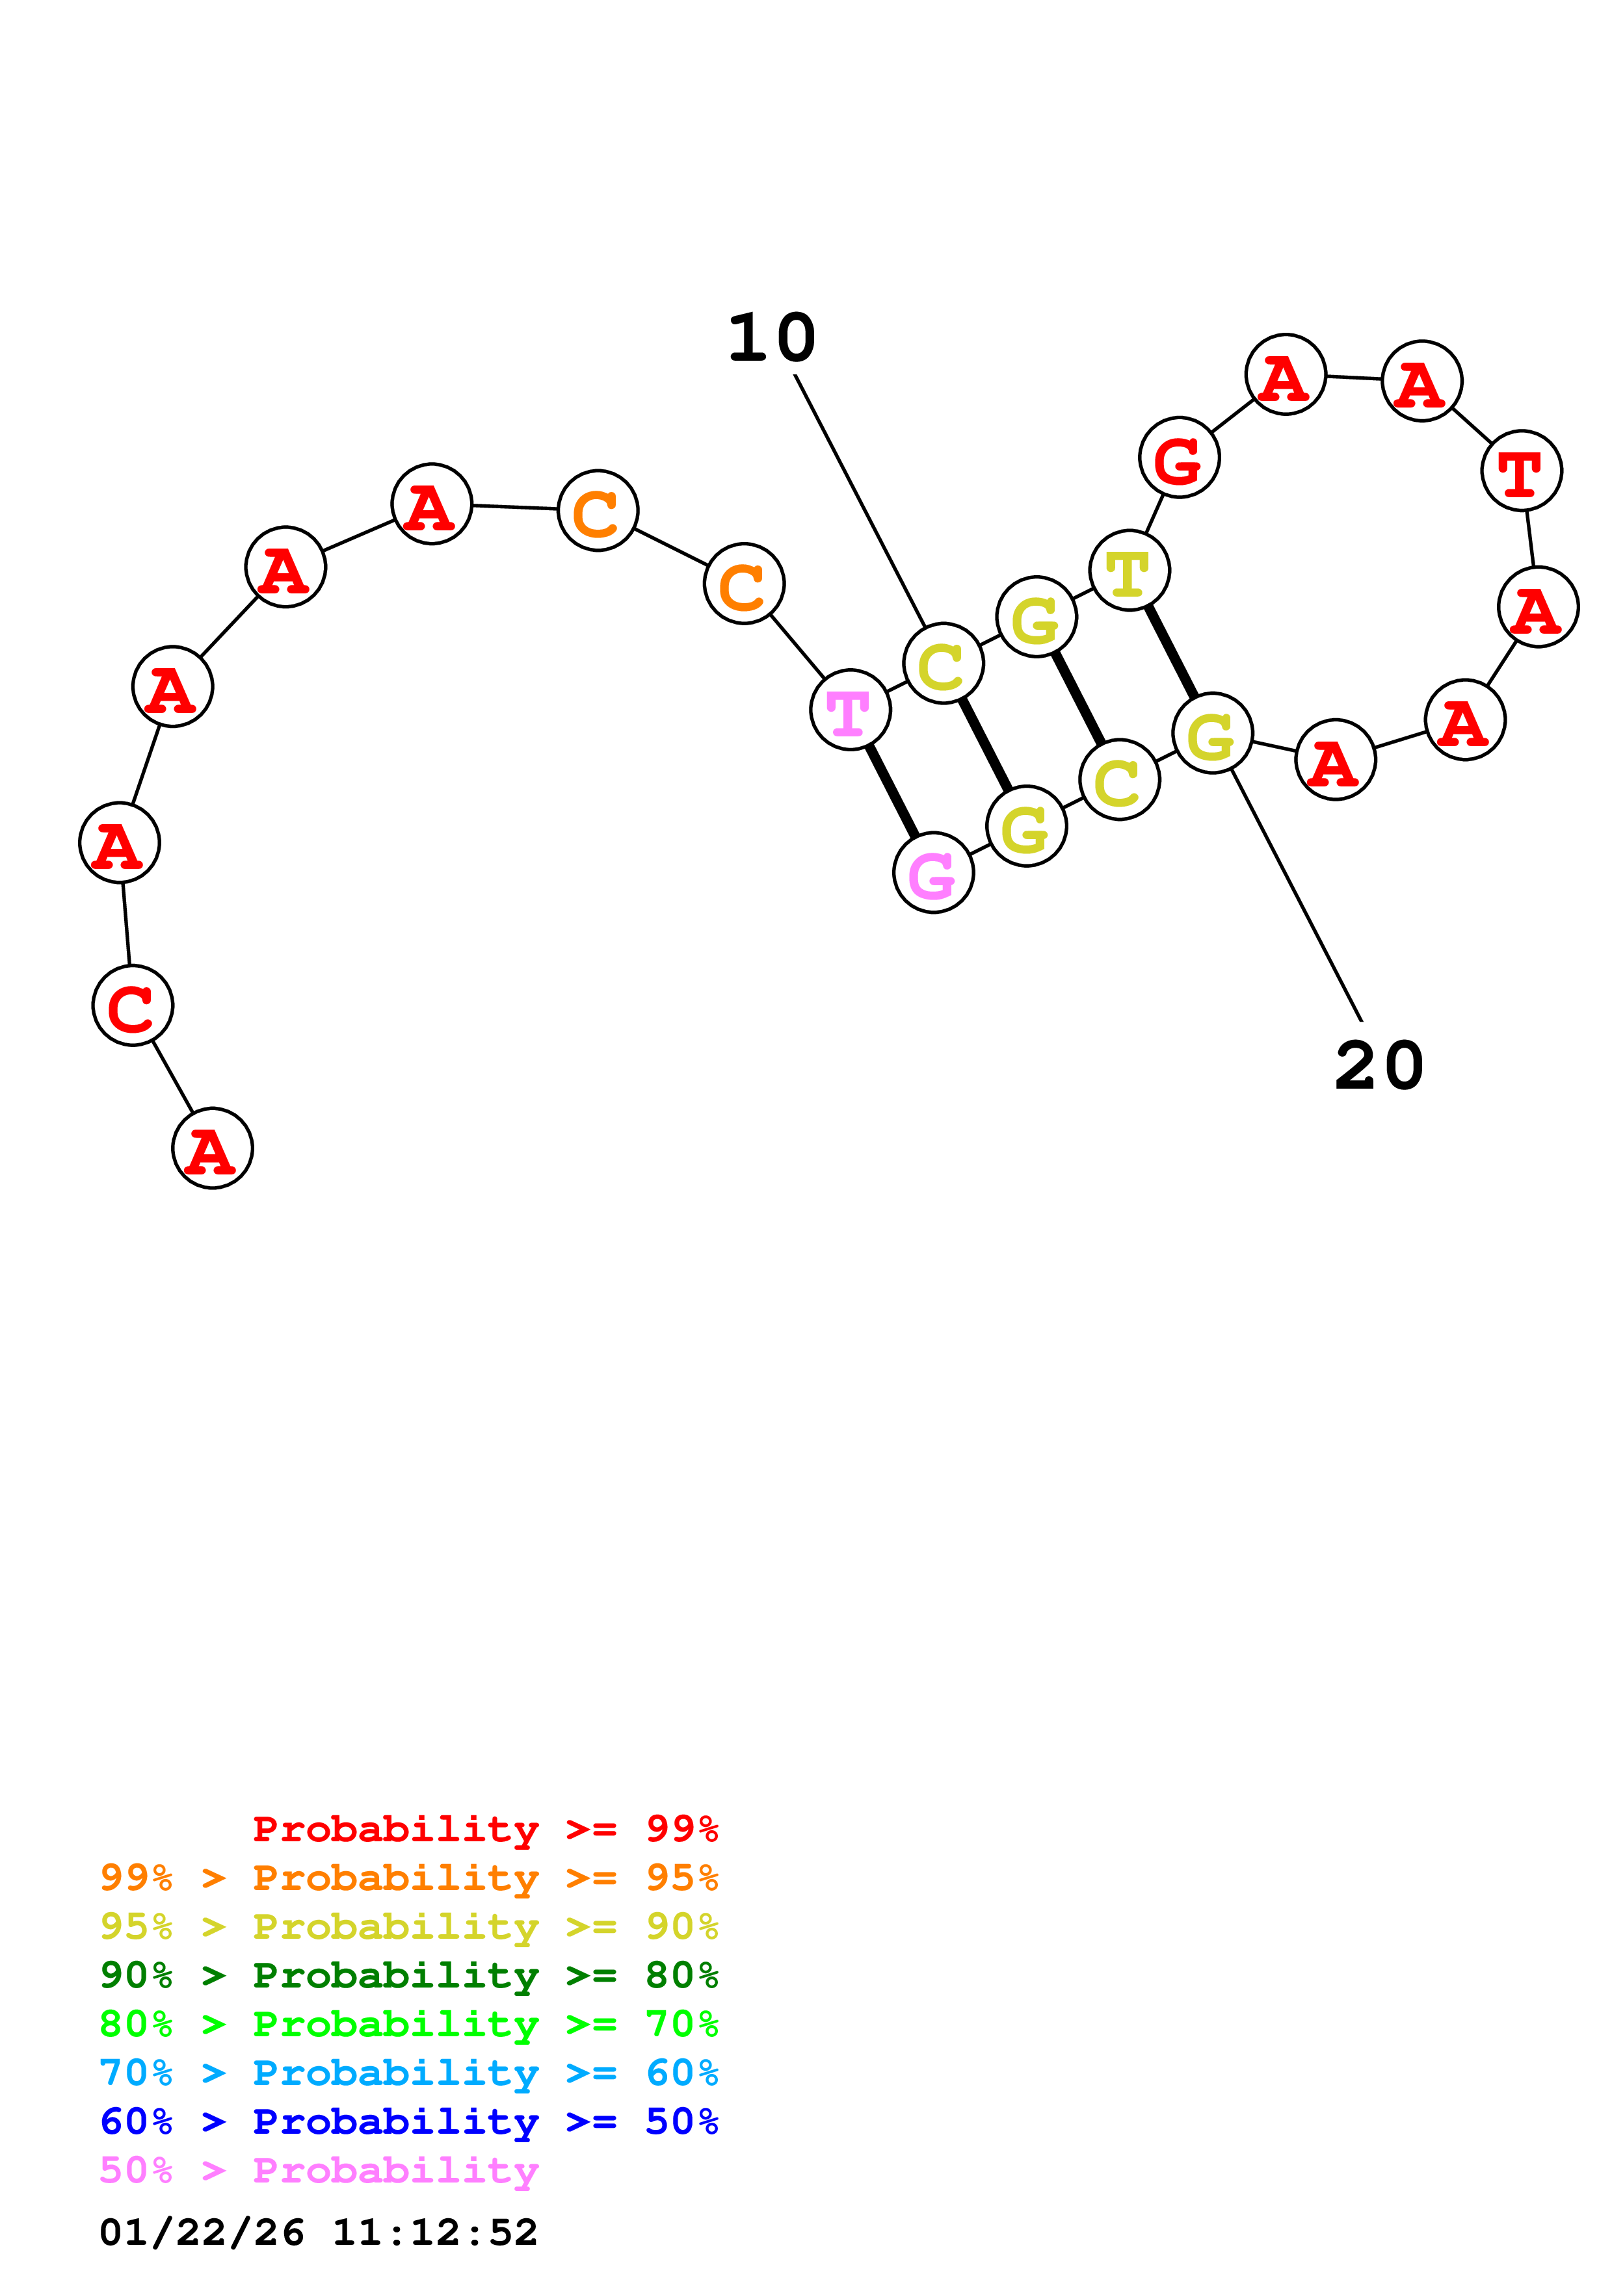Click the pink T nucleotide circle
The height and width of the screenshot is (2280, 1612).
[x=850, y=710]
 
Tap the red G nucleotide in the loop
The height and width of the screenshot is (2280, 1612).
[x=1179, y=458]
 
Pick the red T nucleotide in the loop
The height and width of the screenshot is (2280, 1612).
[x=1520, y=471]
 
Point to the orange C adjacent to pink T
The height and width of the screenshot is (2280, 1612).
[x=744, y=584]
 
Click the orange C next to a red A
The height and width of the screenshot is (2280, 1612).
[x=597, y=510]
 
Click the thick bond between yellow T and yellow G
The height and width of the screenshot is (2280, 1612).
[x=1171, y=651]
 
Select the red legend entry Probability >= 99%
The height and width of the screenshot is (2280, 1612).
[x=484, y=1829]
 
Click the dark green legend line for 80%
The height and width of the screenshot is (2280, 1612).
[x=409, y=1975]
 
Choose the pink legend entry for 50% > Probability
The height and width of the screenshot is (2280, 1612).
[x=320, y=2171]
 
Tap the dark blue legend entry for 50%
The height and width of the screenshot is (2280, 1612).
[x=409, y=2122]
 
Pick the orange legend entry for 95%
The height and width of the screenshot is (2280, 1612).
[x=409, y=1878]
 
